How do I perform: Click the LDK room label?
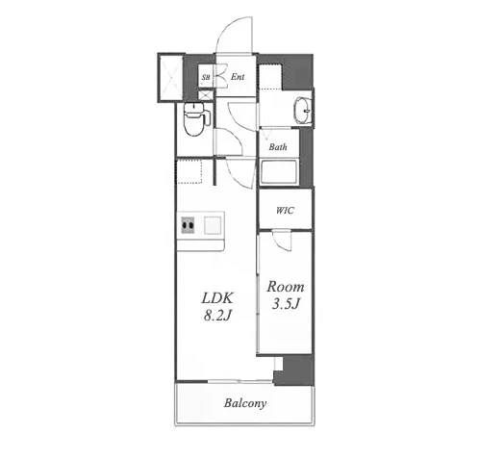click(217, 298)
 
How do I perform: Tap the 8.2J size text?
click(217, 316)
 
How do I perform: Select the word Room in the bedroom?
click(286, 287)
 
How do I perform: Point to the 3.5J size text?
click(286, 303)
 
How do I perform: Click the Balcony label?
click(245, 403)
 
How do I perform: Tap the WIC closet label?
click(285, 211)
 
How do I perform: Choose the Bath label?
click(278, 147)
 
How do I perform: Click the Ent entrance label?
click(238, 77)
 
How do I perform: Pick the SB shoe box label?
click(206, 77)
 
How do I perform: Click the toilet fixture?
click(195, 119)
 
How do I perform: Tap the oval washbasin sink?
click(303, 110)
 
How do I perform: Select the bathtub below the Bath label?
click(279, 172)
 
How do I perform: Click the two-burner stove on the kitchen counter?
click(188, 224)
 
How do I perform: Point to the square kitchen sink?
click(213, 224)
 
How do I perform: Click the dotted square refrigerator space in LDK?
click(189, 171)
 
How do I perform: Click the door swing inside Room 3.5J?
click(282, 241)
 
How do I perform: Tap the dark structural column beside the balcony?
click(294, 370)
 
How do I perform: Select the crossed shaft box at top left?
click(170, 77)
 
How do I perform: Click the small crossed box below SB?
click(205, 95)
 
